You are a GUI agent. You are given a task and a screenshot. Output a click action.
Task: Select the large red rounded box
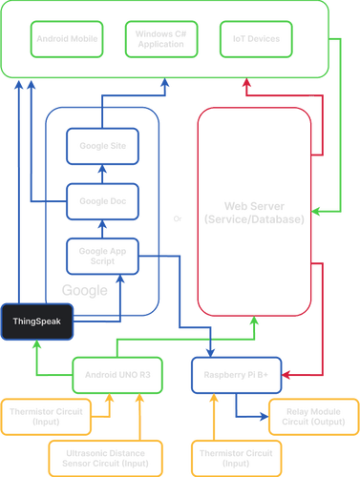[x=255, y=213]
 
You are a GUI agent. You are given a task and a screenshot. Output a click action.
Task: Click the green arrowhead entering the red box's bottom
[x=254, y=322]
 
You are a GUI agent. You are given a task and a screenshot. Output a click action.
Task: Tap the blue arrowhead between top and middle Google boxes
[x=102, y=173]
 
